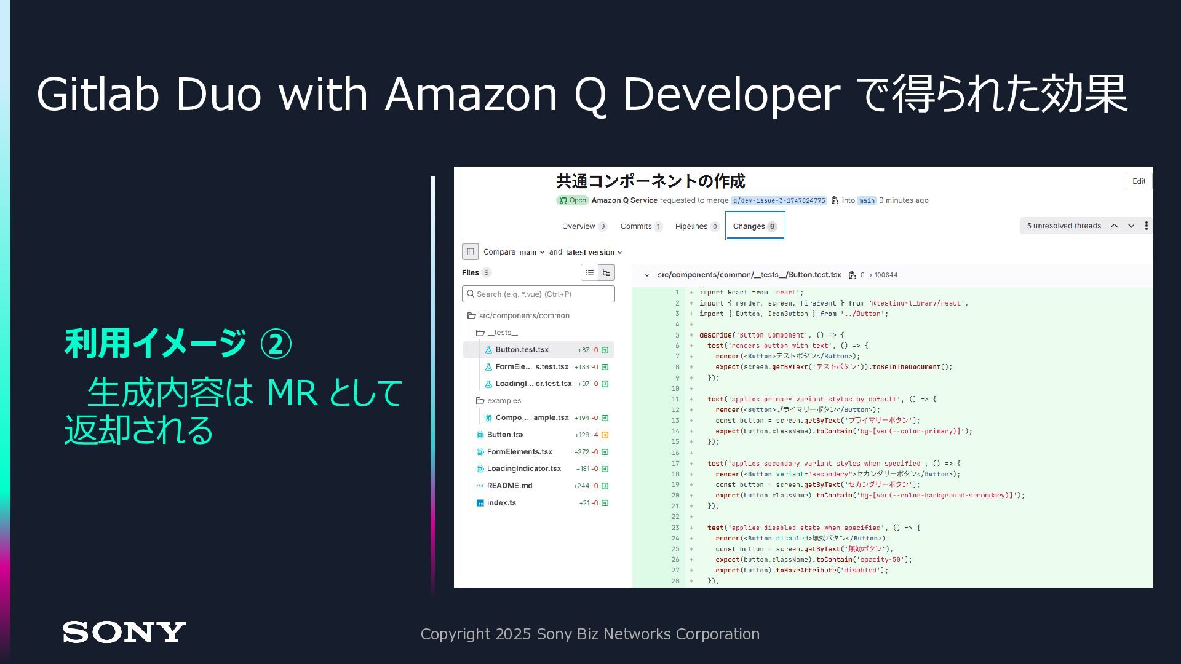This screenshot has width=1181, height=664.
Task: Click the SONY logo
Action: pyautogui.click(x=124, y=632)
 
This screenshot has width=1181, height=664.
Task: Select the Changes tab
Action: pyautogui.click(x=754, y=226)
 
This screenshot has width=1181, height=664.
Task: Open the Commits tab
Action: pyautogui.click(x=640, y=226)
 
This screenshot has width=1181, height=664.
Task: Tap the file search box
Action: pyautogui.click(x=538, y=294)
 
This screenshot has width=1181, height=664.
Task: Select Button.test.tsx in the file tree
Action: pyautogui.click(x=522, y=350)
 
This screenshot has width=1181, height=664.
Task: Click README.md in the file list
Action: pyautogui.click(x=509, y=486)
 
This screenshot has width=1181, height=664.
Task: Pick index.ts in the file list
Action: pyautogui.click(x=501, y=503)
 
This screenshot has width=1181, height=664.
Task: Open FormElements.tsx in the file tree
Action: pyautogui.click(x=519, y=452)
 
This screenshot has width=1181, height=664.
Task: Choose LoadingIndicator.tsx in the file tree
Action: pyautogui.click(x=523, y=468)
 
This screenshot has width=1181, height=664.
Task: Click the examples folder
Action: pyautogui.click(x=504, y=401)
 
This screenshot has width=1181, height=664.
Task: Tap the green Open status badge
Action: pyautogui.click(x=573, y=200)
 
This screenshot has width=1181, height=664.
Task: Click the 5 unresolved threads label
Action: pyautogui.click(x=1064, y=226)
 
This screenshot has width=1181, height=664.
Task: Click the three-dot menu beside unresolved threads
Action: pyautogui.click(x=1146, y=226)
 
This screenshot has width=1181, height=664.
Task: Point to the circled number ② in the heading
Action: pyautogui.click(x=276, y=344)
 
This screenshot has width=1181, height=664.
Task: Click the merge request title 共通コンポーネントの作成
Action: pyautogui.click(x=650, y=181)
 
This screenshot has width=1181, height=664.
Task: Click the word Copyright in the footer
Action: pyautogui.click(x=455, y=634)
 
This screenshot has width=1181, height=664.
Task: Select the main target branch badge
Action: pyautogui.click(x=867, y=200)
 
